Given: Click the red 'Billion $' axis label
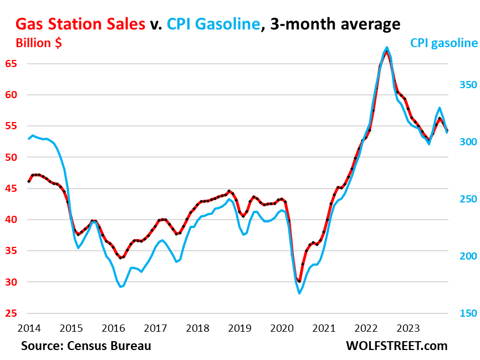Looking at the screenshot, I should pyautogui.click(x=38, y=44).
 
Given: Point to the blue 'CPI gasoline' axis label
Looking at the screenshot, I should pyautogui.click(x=443, y=43).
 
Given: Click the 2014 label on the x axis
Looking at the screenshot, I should pyautogui.click(x=28, y=328).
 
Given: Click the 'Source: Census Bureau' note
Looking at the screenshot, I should pyautogui.click(x=86, y=346).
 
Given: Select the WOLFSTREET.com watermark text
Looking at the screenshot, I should pyautogui.click(x=396, y=346).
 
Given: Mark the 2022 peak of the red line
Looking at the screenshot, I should pyautogui.click(x=386, y=52).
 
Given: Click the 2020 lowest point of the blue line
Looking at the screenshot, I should pyautogui.click(x=299, y=293).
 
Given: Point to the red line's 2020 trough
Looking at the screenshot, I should pyautogui.click(x=299, y=282).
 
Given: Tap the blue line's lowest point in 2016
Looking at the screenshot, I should pyautogui.click(x=121, y=287).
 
